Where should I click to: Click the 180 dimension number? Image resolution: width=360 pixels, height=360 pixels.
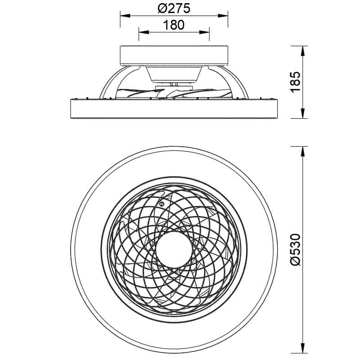tap(174, 25)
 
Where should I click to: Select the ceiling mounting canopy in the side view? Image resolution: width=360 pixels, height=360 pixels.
tap(174, 55)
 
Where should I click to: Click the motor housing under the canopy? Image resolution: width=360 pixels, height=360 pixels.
tap(174, 75)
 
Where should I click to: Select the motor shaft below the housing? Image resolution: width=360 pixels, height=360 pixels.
tap(174, 85)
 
